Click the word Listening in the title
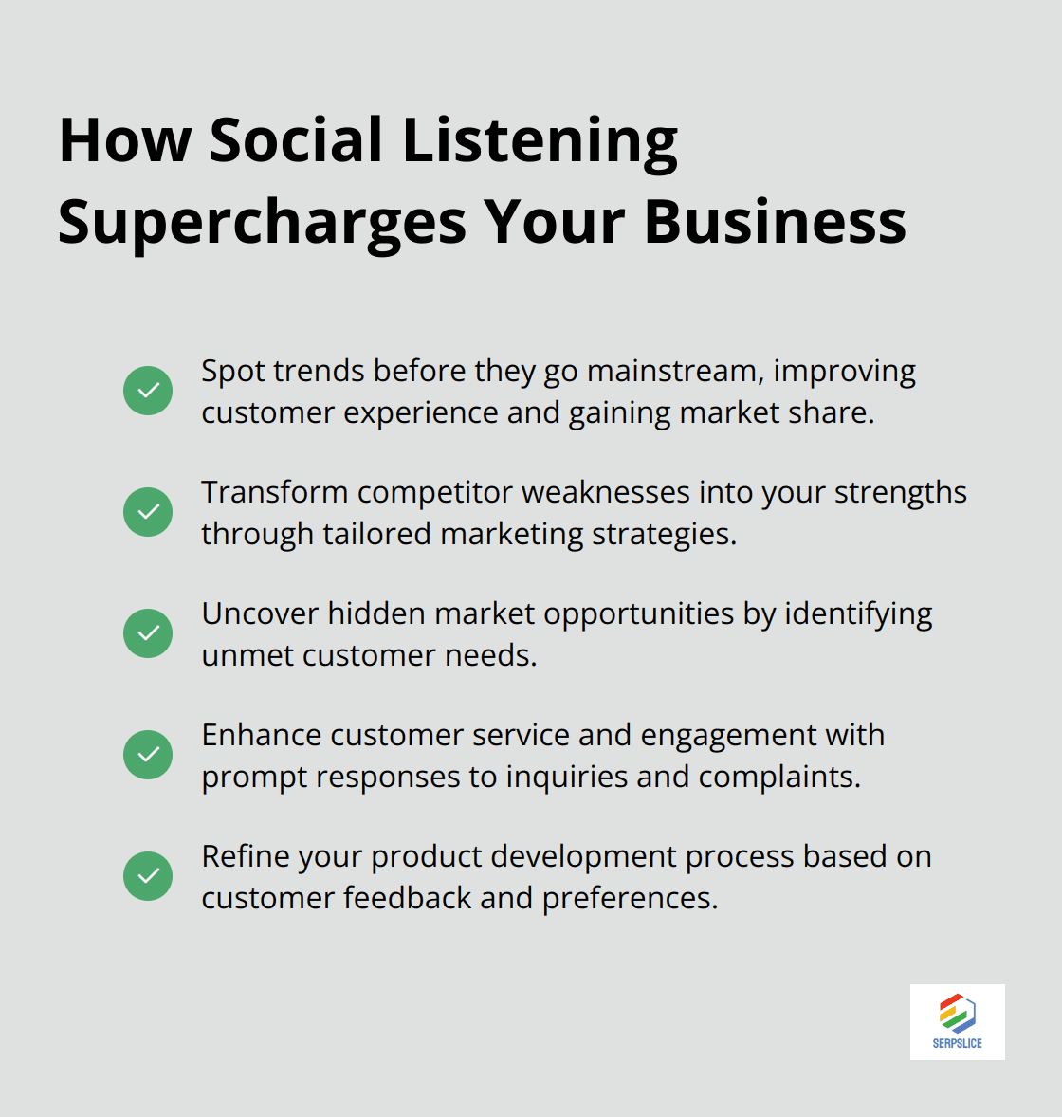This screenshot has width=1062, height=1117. click(x=540, y=140)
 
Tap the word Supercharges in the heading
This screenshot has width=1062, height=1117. click(x=262, y=223)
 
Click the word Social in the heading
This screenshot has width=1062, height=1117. click(x=296, y=140)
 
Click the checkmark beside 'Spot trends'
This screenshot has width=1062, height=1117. click(x=148, y=391)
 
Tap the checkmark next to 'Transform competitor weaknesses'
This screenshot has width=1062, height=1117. click(x=148, y=512)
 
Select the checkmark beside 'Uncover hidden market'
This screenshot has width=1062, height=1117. click(x=148, y=633)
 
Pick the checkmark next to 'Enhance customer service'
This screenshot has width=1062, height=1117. click(x=148, y=755)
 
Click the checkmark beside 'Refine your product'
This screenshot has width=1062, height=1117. click(x=148, y=876)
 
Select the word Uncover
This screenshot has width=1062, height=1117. click(x=260, y=613)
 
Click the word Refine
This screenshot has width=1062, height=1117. click(x=245, y=856)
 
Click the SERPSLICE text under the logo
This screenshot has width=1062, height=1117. click(x=957, y=1043)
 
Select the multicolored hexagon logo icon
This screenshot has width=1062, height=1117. click(x=958, y=1013)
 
